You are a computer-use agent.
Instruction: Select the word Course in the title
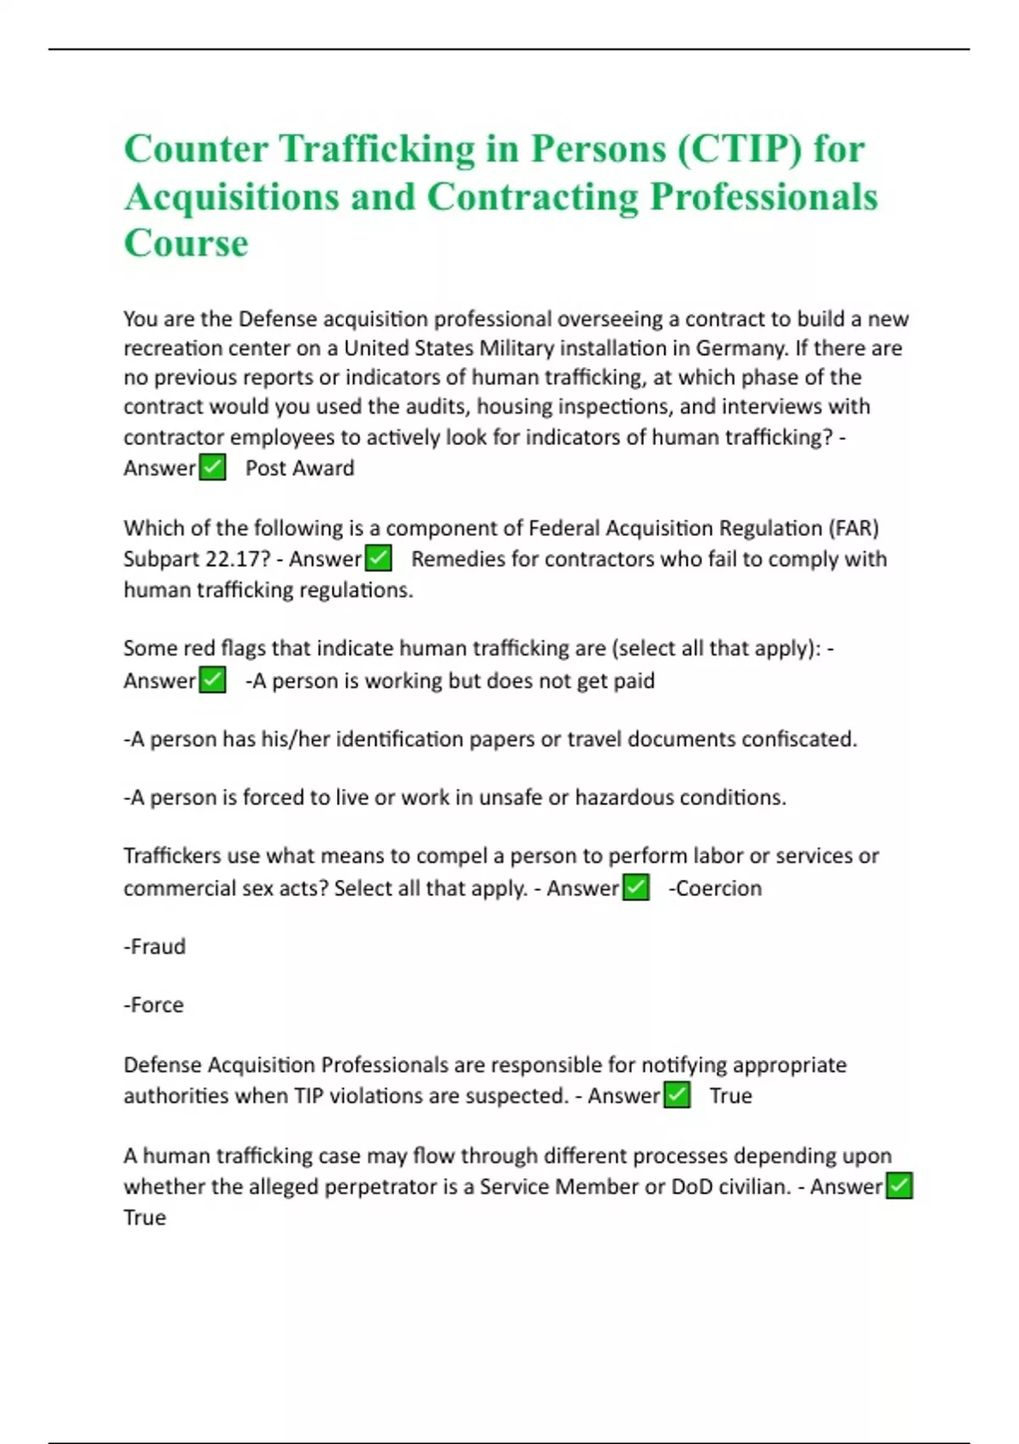tap(186, 243)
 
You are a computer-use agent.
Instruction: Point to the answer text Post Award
tap(300, 468)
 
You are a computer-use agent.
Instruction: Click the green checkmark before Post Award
tap(212, 467)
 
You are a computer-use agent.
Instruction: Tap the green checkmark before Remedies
tap(378, 558)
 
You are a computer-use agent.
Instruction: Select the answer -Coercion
tap(715, 888)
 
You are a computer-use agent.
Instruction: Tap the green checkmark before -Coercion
tap(636, 888)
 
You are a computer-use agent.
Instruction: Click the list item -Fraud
tap(155, 946)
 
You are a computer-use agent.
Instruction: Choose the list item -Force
tap(154, 1005)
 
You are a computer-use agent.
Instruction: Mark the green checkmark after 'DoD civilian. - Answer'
tap(899, 1186)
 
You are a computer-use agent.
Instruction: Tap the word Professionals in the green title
tap(763, 197)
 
